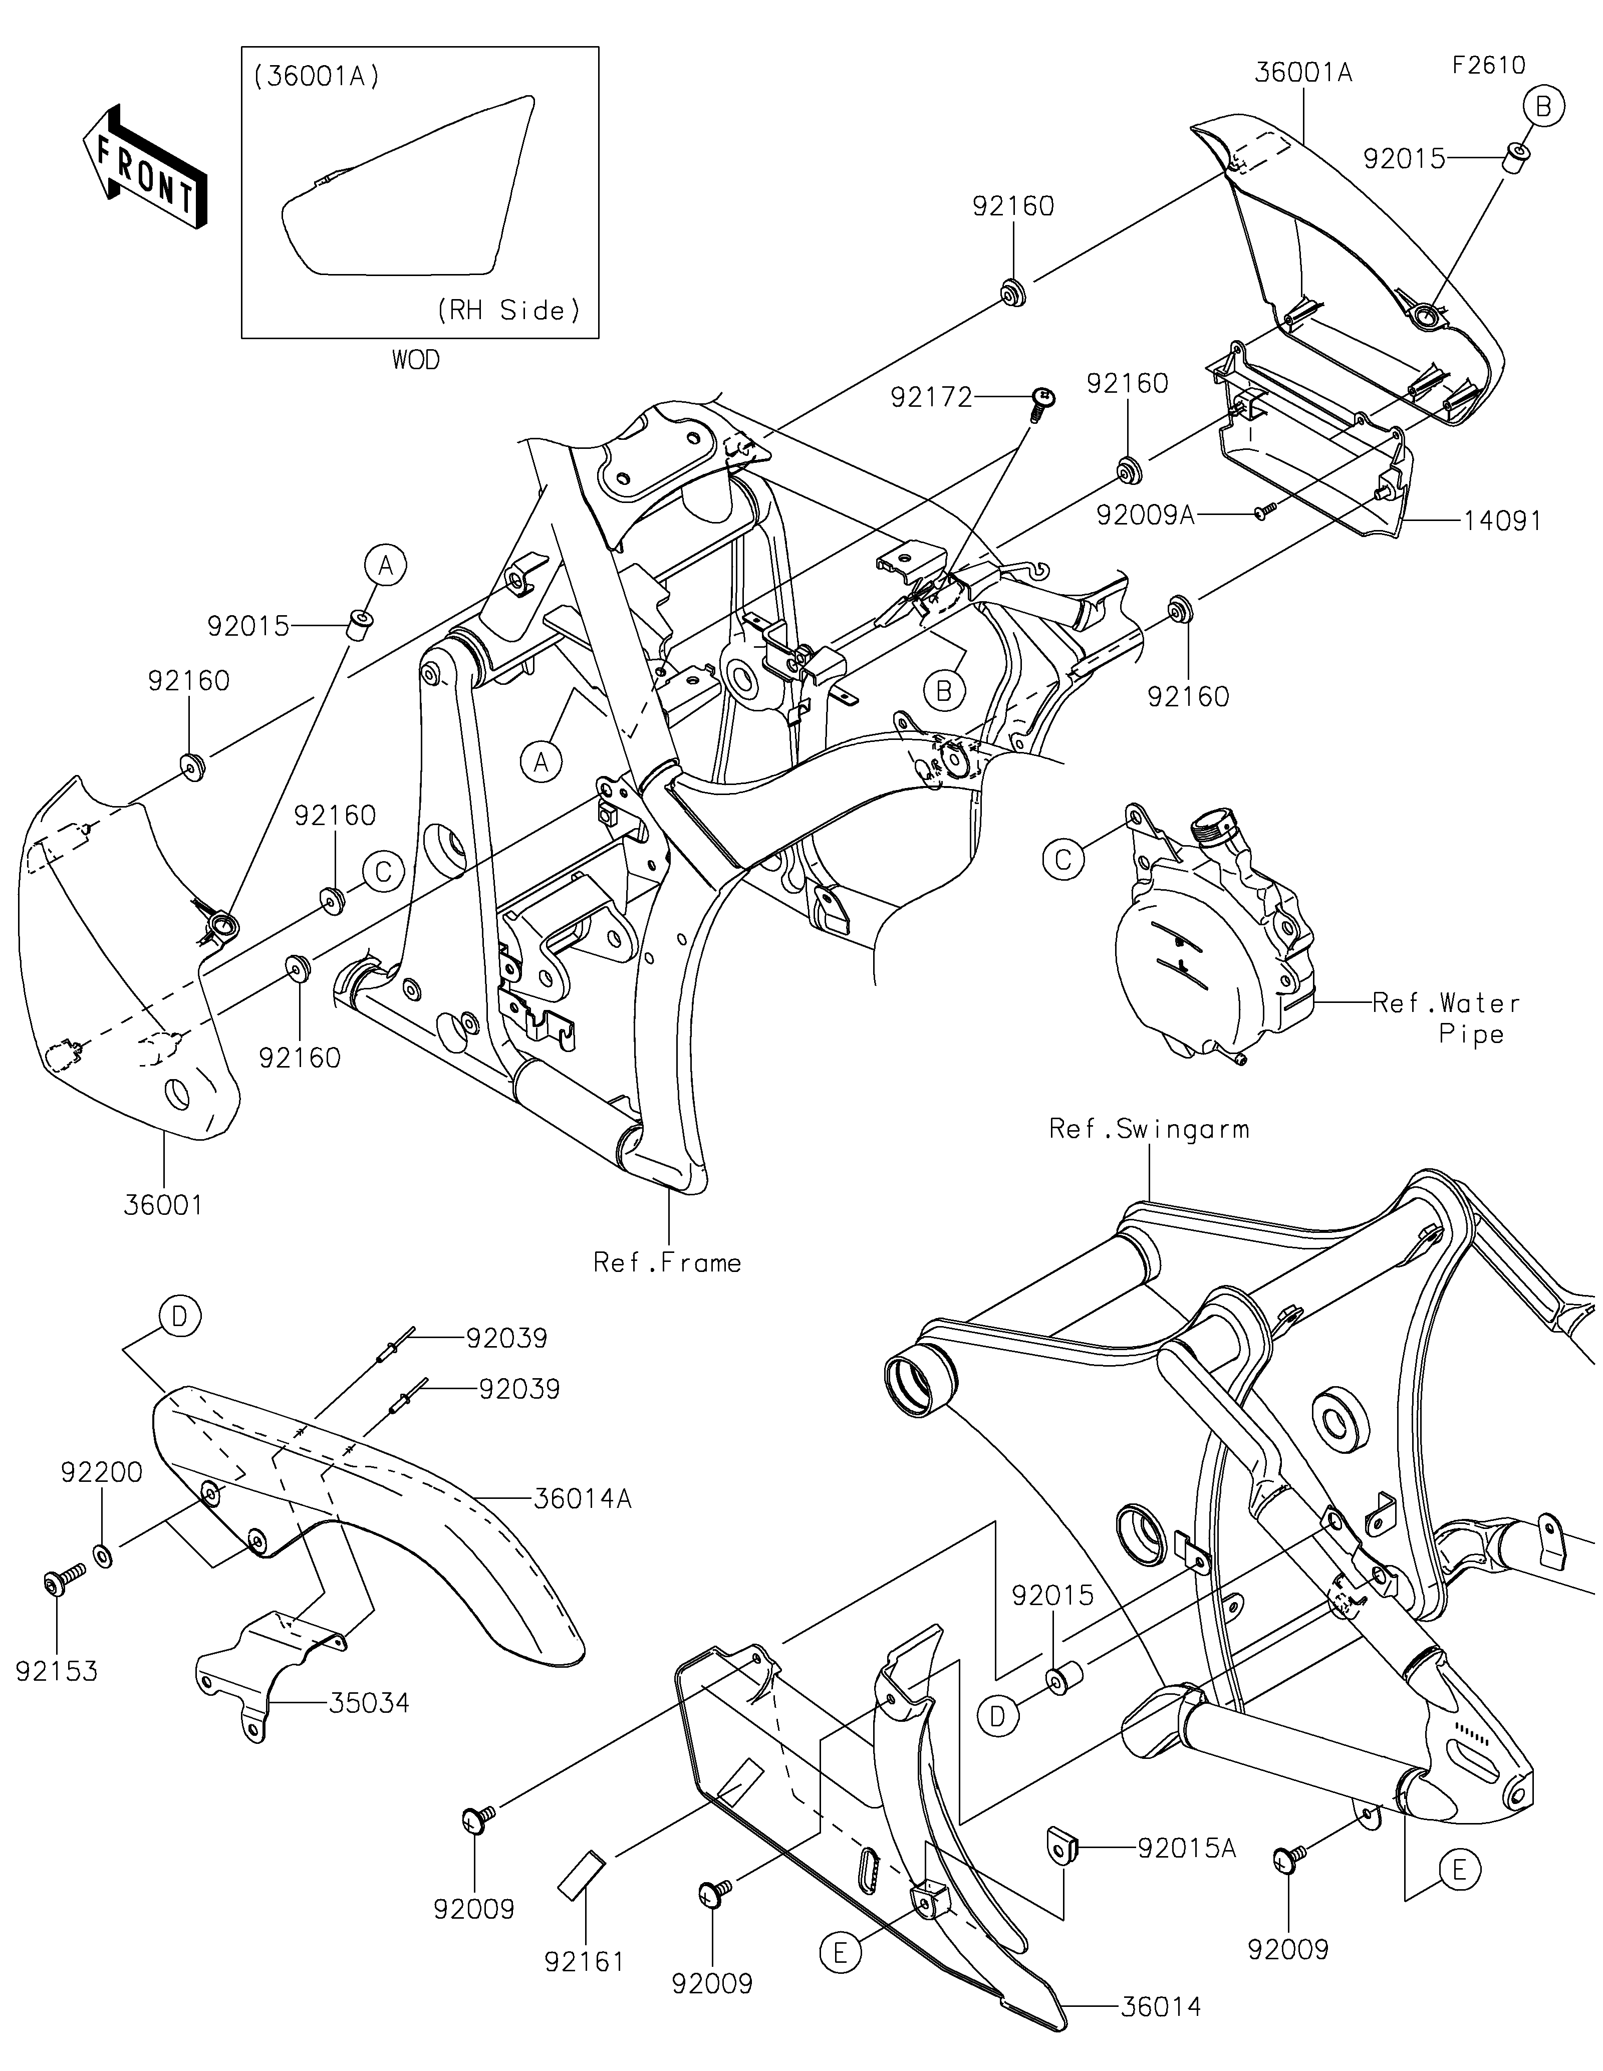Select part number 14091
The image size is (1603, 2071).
coord(1502,521)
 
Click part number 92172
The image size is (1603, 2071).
coord(931,398)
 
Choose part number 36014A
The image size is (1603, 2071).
coord(582,1499)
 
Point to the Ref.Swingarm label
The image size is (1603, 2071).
coord(1149,1129)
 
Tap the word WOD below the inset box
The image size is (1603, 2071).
coord(416,360)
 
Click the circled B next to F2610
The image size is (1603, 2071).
coord(1543,107)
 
